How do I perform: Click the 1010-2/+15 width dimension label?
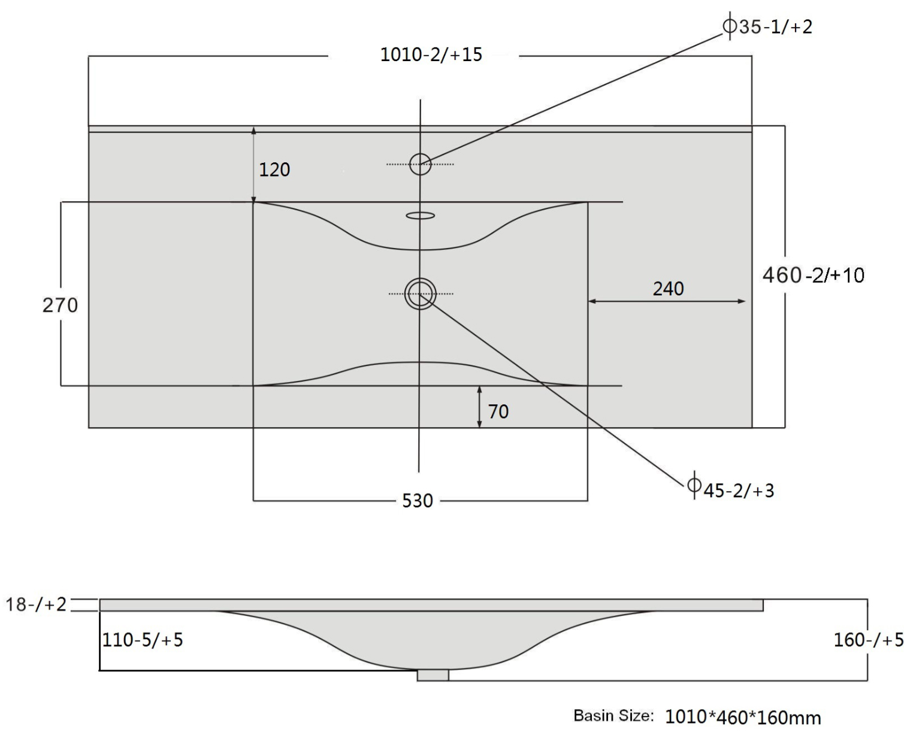[x=431, y=55]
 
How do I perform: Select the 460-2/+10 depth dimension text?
[x=813, y=275]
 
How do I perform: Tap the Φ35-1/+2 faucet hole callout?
[x=767, y=26]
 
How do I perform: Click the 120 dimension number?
[x=274, y=170]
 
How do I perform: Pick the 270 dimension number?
[x=60, y=305]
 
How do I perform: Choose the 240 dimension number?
[x=668, y=289]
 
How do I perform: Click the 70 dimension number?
[x=498, y=412]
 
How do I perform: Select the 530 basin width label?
[x=418, y=501]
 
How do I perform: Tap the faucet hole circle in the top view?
[x=420, y=153]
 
